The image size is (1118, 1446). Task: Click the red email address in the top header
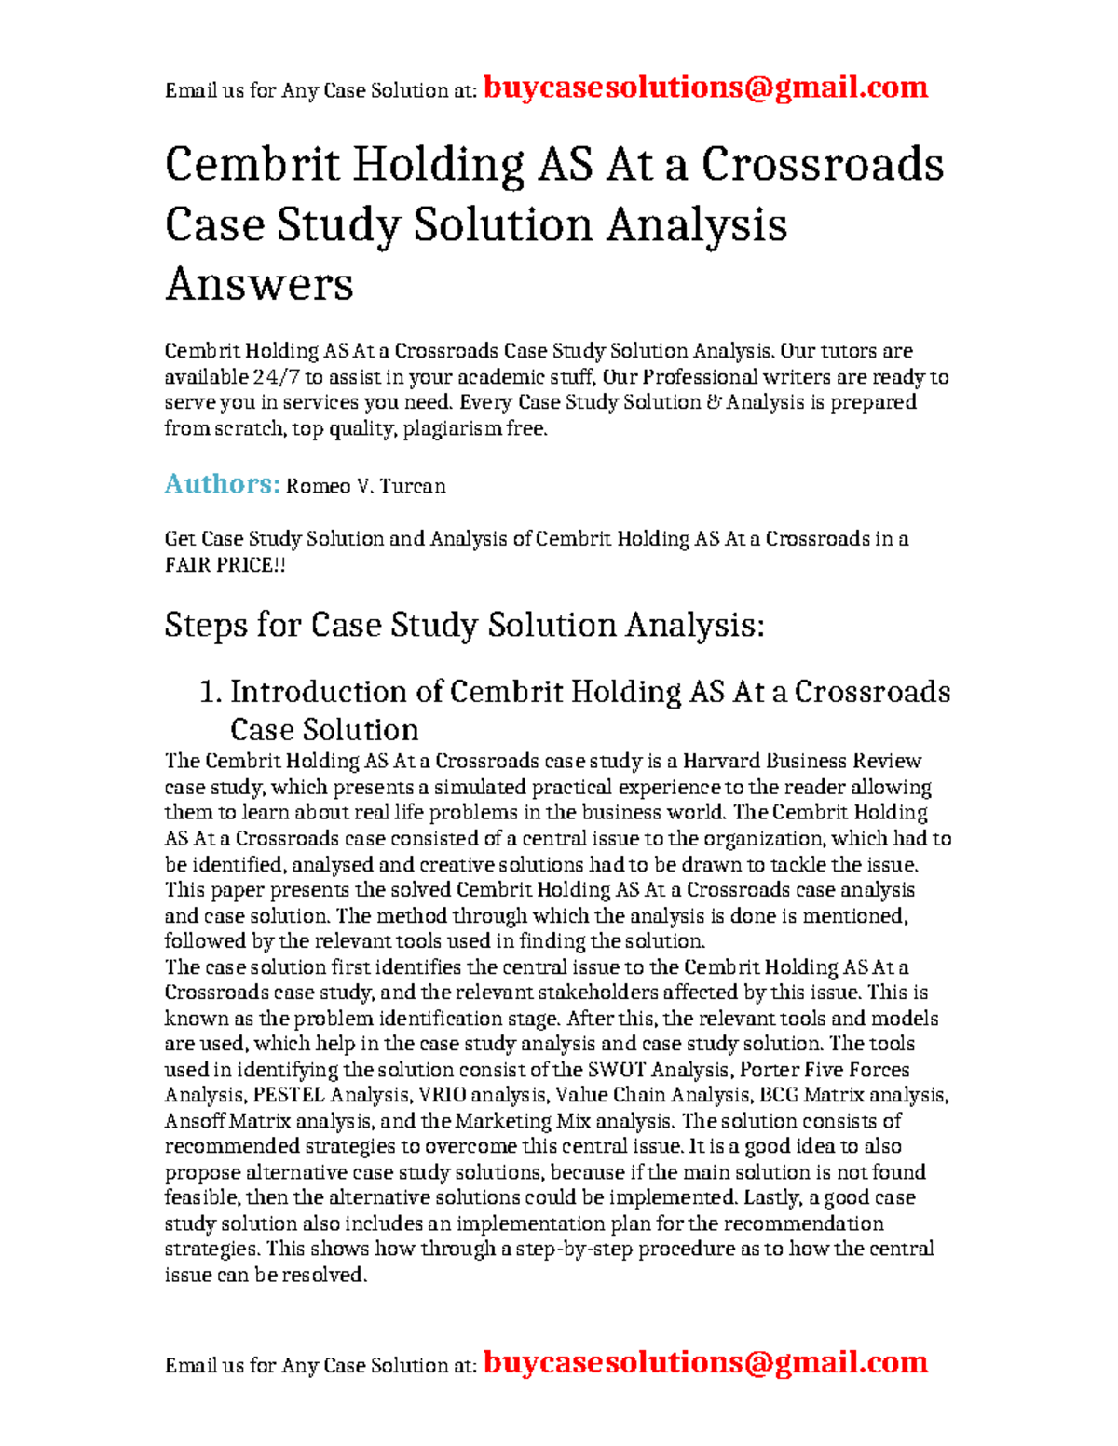pos(705,88)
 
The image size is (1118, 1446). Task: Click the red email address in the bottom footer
pos(705,1362)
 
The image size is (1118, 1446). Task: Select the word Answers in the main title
pos(259,284)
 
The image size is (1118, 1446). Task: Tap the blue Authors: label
pos(222,484)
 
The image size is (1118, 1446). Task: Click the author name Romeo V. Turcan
pos(365,486)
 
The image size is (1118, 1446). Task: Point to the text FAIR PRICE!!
pos(225,565)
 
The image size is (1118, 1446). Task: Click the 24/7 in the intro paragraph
pos(276,377)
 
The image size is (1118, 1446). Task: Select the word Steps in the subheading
pos(206,625)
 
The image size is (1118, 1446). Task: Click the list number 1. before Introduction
pos(211,692)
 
